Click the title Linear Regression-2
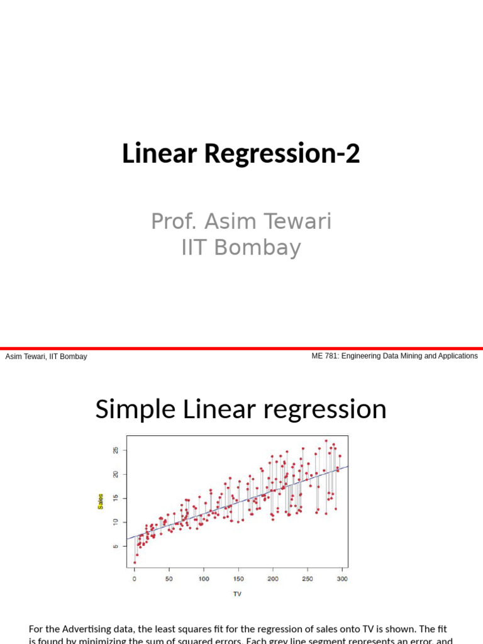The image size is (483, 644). (x=241, y=153)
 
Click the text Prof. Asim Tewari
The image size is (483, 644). (x=241, y=221)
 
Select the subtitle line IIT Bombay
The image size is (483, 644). (x=241, y=248)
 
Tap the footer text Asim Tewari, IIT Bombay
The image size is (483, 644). (x=46, y=357)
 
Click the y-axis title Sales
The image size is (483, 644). (x=101, y=501)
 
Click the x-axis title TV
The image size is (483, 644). (x=237, y=593)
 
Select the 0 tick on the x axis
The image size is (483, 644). (x=134, y=579)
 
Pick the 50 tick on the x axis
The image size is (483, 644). (x=169, y=579)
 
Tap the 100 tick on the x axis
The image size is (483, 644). (x=204, y=579)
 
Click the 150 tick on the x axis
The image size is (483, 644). (x=238, y=579)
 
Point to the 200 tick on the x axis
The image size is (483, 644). (x=273, y=579)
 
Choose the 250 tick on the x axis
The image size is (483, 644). (x=308, y=579)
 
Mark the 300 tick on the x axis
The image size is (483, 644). (x=342, y=579)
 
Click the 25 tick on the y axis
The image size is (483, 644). (x=116, y=450)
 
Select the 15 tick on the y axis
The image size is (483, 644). (x=116, y=498)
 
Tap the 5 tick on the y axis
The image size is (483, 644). (x=116, y=546)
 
